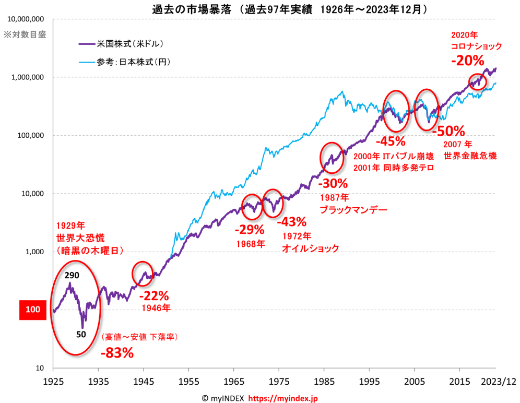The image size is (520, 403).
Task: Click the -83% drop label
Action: click(x=117, y=353)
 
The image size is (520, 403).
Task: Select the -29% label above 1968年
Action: click(x=249, y=229)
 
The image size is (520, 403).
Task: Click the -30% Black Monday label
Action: click(x=332, y=183)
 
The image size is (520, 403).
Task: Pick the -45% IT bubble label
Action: click(x=391, y=141)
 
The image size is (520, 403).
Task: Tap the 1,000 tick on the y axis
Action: click(x=33, y=252)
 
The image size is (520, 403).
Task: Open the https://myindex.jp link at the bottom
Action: click(x=282, y=398)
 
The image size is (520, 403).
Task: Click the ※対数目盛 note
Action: click(x=26, y=35)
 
